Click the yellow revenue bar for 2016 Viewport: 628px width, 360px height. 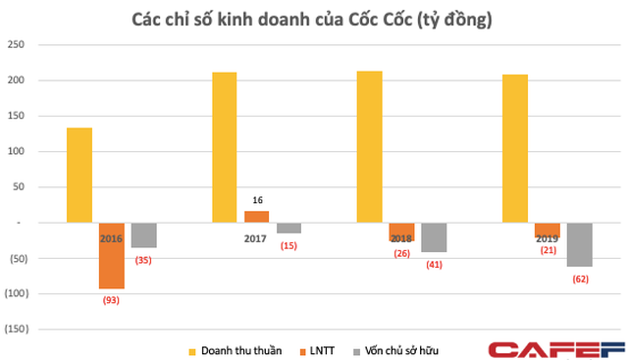pyautogui.click(x=79, y=176)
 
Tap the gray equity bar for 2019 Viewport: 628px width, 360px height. pyautogui.click(x=579, y=244)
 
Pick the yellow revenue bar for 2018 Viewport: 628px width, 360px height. pyautogui.click(x=369, y=147)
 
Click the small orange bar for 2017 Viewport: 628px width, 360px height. pyautogui.click(x=256, y=217)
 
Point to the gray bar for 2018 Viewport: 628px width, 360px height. pyautogui.click(x=434, y=237)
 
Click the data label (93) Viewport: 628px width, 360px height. pyautogui.click(x=112, y=299)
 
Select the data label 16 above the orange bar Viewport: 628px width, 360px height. pyautogui.click(x=256, y=199)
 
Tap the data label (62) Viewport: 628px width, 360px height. pyautogui.click(x=579, y=279)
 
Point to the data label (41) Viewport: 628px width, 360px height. pyautogui.click(x=434, y=264)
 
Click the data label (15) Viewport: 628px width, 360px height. pyautogui.click(x=288, y=245)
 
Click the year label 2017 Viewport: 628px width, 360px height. pyautogui.click(x=256, y=237)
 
